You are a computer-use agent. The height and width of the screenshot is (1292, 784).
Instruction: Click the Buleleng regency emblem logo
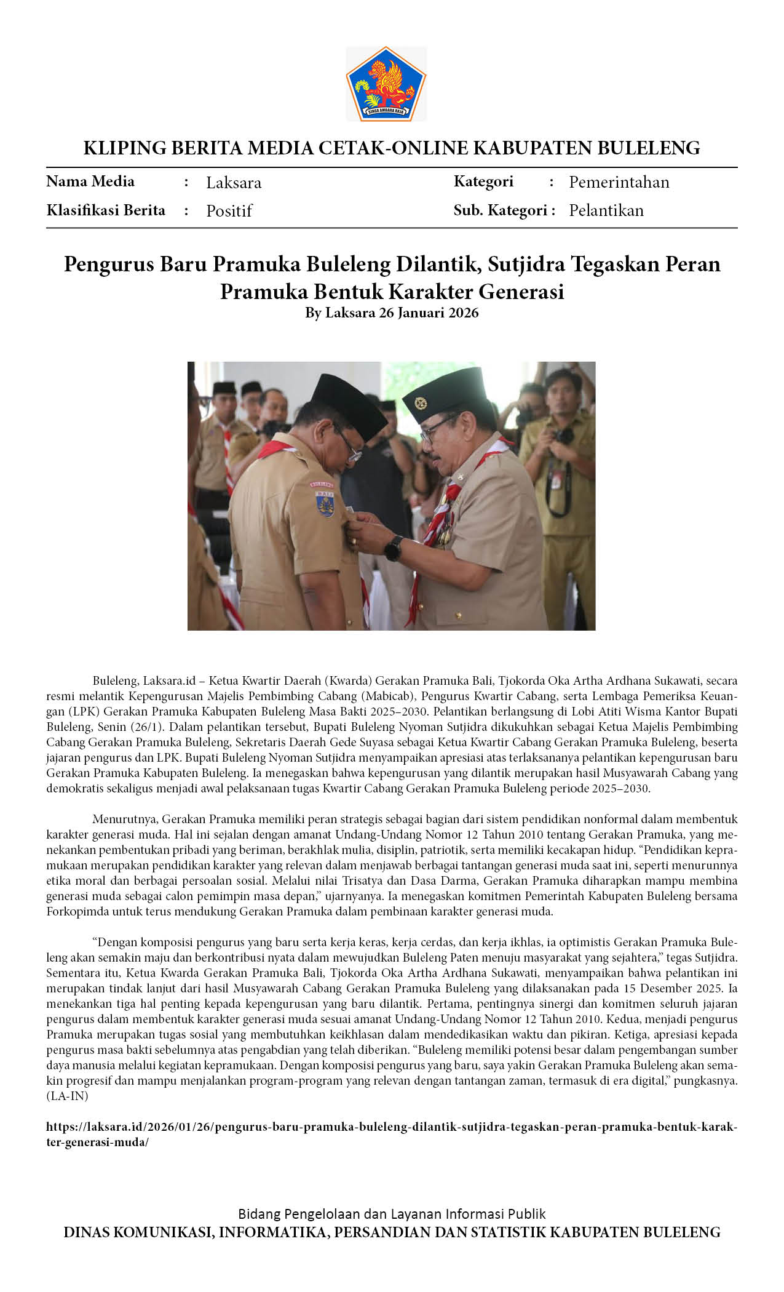[x=386, y=84]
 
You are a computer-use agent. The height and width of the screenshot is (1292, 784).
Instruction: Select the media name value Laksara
[x=234, y=183]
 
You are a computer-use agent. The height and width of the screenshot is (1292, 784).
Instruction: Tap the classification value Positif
[x=229, y=211]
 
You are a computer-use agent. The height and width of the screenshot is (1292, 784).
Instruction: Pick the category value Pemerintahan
[x=619, y=182]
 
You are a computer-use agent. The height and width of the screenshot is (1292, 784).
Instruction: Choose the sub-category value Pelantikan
[x=606, y=210]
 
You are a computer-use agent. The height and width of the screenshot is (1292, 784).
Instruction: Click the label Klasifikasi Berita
[x=106, y=210]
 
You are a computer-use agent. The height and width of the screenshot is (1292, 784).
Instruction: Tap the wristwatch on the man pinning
[x=394, y=547]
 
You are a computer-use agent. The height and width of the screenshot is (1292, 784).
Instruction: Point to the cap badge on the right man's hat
[x=421, y=404]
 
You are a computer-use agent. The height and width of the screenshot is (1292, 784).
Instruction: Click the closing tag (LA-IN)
[x=67, y=1096]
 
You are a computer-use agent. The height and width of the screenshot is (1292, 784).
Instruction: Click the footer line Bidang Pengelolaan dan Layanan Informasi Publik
[x=392, y=1214]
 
